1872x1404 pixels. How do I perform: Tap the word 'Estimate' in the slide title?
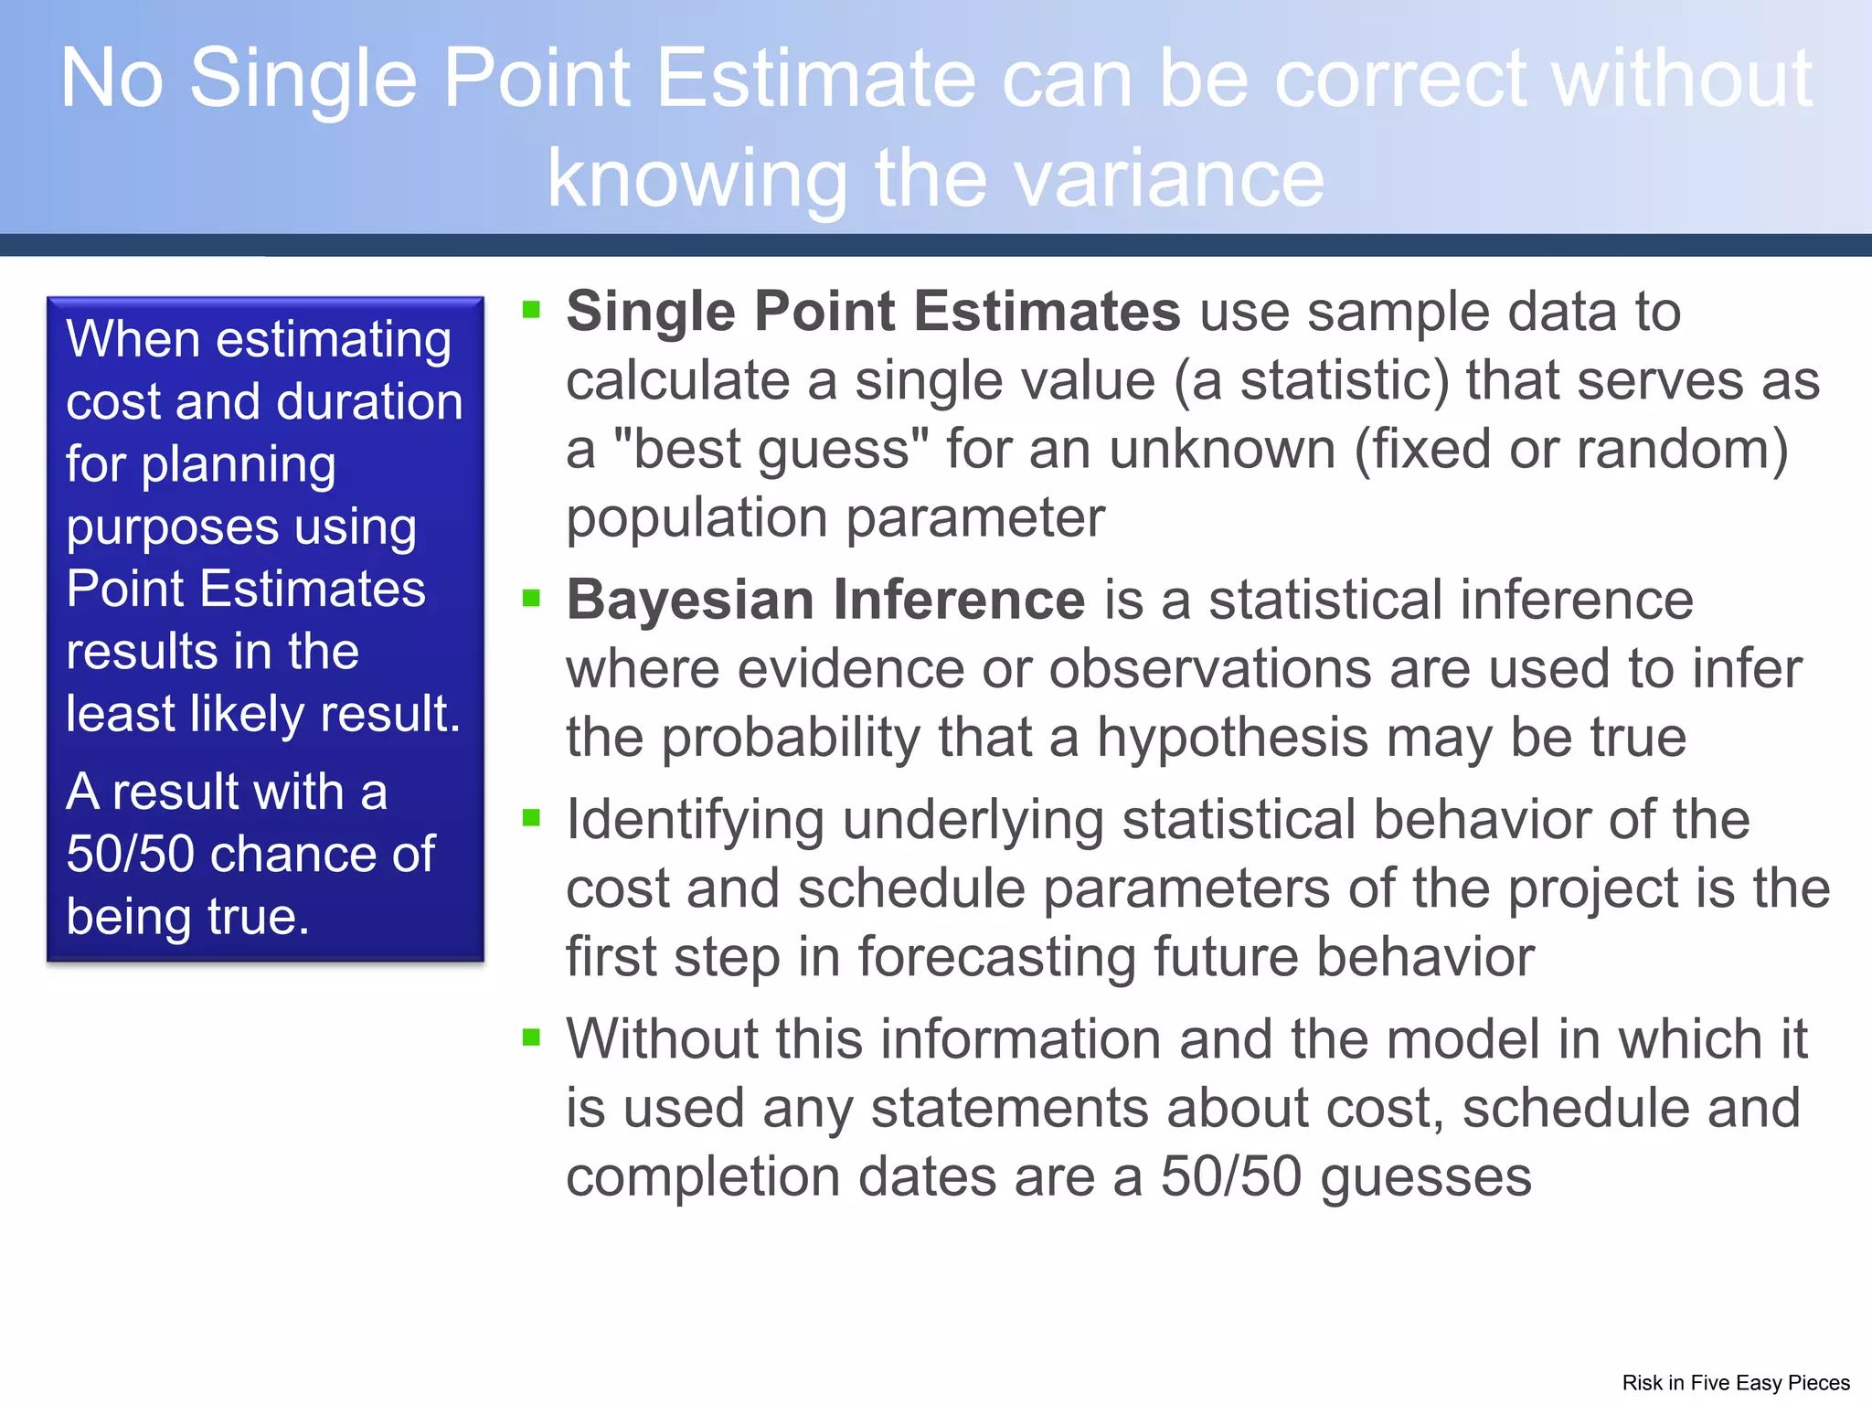click(815, 79)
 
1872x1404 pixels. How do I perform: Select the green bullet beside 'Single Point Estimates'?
click(532, 310)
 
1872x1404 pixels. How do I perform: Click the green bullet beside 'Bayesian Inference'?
click(532, 598)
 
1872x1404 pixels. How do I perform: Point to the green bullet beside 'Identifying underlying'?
click(532, 817)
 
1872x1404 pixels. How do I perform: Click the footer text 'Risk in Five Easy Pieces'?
click(1735, 1382)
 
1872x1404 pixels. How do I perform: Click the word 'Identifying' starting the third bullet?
click(695, 820)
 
